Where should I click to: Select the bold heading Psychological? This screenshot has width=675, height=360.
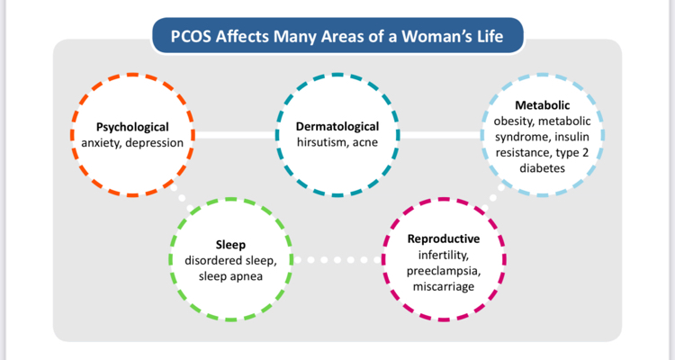[133, 127]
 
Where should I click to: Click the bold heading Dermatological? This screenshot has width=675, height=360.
[337, 127]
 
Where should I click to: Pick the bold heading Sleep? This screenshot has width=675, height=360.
[230, 244]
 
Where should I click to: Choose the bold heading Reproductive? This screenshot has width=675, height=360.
[444, 239]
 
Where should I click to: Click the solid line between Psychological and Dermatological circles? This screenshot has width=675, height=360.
[235, 136]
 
